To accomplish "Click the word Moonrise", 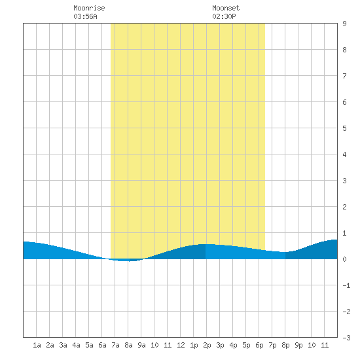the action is tap(89, 8).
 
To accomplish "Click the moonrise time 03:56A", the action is tap(85, 16).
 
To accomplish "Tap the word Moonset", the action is tap(226, 8).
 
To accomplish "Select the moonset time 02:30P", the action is tap(224, 16).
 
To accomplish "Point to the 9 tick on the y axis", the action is tap(344, 24).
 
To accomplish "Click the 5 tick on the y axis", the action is tap(344, 128).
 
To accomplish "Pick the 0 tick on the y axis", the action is tap(344, 259).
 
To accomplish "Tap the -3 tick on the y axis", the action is tap(346, 338).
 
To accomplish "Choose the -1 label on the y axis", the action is tap(346, 285).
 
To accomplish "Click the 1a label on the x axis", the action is tap(37, 345).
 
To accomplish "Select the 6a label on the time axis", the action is tap(102, 345).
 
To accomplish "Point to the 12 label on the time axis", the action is tap(181, 345).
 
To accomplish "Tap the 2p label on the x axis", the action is tap(207, 346).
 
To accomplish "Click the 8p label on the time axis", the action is tap(285, 346).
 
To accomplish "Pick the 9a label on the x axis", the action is tap(141, 345).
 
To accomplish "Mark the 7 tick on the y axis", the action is tap(344, 76).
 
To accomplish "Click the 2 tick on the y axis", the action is tap(344, 207).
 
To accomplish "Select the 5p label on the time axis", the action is tap(246, 346).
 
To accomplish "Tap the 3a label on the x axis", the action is tap(63, 345).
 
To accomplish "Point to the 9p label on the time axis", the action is tap(298, 346).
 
